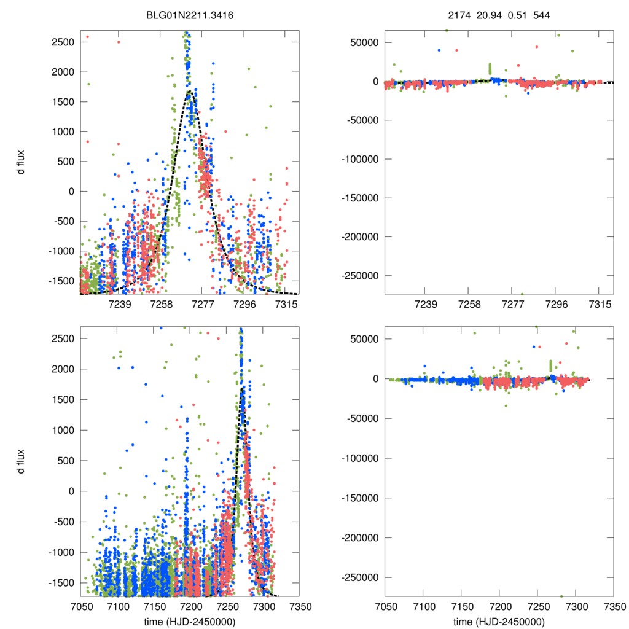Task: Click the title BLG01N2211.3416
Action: coord(189,19)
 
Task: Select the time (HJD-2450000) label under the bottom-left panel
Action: coord(189,622)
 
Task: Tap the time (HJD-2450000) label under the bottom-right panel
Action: coord(499,622)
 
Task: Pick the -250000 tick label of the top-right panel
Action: coord(362,276)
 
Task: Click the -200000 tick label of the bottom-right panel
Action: coord(362,537)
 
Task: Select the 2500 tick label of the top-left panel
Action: coord(63,42)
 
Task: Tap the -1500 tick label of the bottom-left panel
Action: coord(61,582)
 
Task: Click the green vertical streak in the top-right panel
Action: coord(490,68)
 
